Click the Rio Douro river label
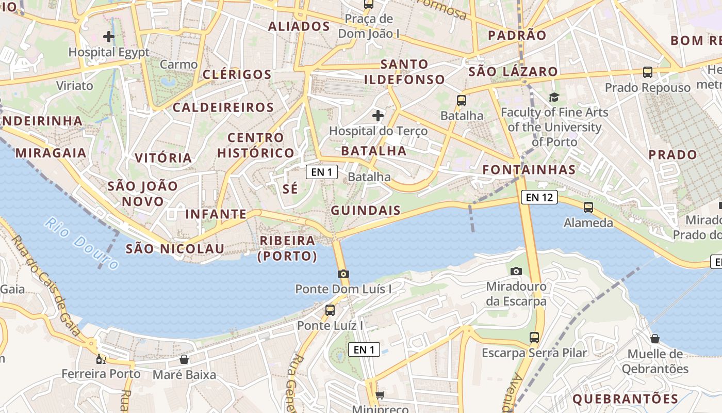click(81, 243)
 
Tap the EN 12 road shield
click(539, 197)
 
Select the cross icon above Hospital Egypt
click(108, 37)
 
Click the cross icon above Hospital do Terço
click(378, 115)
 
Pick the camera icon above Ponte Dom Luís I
click(343, 274)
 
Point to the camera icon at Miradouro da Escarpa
click(516, 271)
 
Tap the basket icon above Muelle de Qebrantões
click(654, 339)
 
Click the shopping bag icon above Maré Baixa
click(184, 359)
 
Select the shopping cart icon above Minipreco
click(380, 395)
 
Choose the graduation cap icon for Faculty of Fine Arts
click(554, 97)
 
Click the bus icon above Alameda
click(588, 208)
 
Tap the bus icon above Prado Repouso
click(648, 72)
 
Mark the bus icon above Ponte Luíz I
click(330, 310)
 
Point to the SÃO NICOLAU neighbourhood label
click(175, 249)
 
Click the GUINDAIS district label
click(366, 210)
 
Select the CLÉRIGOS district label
click(237, 74)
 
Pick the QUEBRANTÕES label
click(625, 399)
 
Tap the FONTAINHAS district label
click(529, 169)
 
